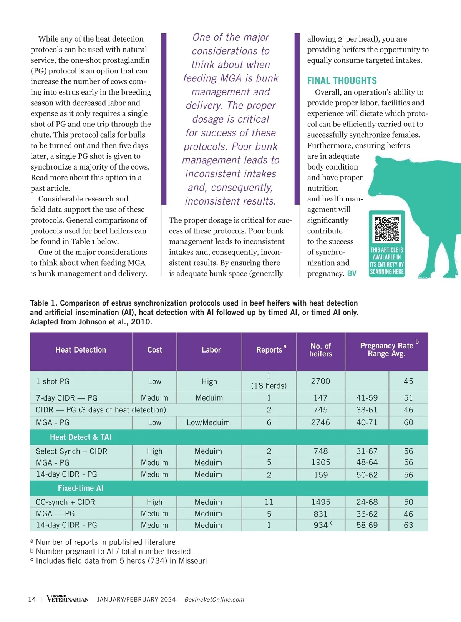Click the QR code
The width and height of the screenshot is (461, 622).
click(x=387, y=229)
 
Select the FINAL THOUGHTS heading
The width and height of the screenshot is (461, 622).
click(x=342, y=81)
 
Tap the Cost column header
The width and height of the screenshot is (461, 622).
click(x=154, y=350)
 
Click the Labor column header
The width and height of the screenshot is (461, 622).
click(x=211, y=350)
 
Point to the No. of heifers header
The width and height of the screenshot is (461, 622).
click(x=320, y=350)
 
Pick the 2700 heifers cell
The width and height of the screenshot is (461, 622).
click(x=320, y=381)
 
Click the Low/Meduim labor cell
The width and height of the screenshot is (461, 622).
click(x=208, y=422)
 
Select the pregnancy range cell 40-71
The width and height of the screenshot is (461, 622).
click(x=366, y=422)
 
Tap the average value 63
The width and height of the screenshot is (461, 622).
click(x=408, y=525)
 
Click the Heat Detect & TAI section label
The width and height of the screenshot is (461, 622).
click(x=81, y=437)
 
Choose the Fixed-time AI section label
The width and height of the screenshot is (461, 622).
click(x=81, y=488)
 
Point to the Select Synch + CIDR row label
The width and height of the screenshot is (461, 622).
click(x=71, y=451)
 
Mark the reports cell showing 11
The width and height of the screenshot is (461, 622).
click(x=269, y=502)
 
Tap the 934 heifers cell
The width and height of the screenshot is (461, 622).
click(x=321, y=525)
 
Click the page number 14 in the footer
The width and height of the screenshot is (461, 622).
click(x=32, y=599)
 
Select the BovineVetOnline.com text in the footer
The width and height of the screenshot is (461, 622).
click(x=214, y=600)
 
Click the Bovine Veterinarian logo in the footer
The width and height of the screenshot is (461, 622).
click(x=68, y=599)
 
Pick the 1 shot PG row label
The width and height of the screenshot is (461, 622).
click(x=53, y=381)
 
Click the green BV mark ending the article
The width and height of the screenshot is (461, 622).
click(x=352, y=273)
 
